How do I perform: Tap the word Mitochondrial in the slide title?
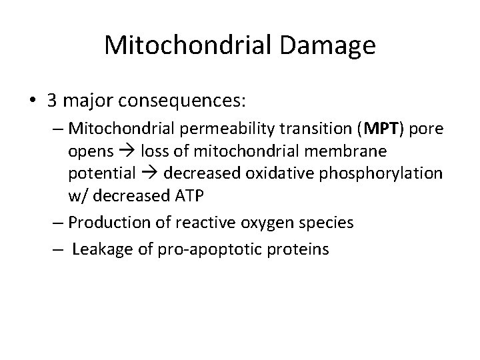[x=184, y=46]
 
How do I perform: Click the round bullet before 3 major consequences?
[x=31, y=101]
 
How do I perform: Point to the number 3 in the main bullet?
[x=51, y=101]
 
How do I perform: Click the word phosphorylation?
[x=386, y=174]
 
